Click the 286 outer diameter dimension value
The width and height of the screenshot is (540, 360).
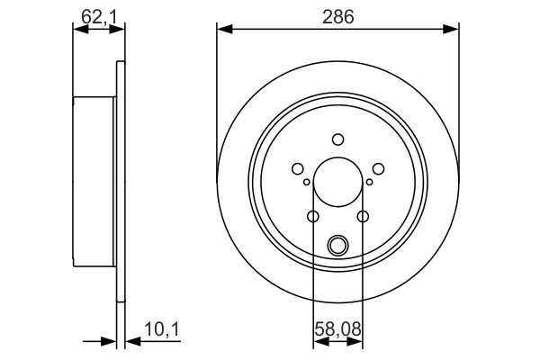[338, 15]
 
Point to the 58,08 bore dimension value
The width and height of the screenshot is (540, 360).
[338, 332]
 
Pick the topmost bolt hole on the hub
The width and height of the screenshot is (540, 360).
[338, 139]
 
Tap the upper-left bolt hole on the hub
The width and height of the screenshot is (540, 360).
[298, 167]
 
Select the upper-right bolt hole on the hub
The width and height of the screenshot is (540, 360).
[378, 167]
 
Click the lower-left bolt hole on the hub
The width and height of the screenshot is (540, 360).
[313, 216]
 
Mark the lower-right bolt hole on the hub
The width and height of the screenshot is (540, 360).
[363, 216]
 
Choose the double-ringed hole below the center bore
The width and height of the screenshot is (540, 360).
[338, 244]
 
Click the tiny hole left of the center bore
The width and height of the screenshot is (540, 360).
[307, 183]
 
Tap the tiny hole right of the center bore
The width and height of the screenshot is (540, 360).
[369, 183]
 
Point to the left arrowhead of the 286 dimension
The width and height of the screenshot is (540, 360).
[224, 30]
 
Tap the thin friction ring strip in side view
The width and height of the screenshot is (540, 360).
[120, 180]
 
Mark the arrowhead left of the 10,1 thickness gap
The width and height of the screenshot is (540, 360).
[110, 342]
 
